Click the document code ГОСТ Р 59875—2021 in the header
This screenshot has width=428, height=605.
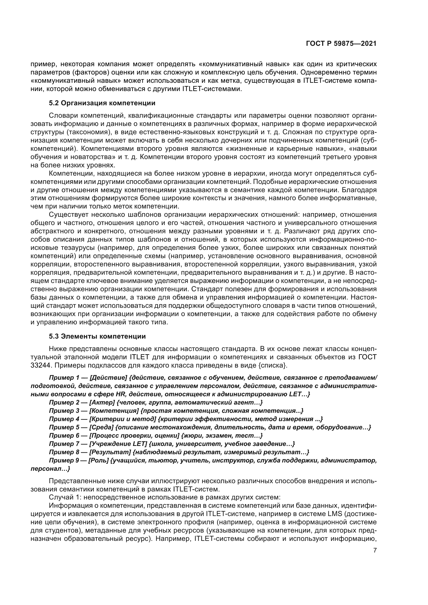tap(341, 44)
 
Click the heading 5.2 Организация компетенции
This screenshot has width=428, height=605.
tap(102, 103)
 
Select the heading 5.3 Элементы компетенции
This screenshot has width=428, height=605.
tap(97, 337)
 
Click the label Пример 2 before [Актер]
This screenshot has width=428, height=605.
tap(64, 402)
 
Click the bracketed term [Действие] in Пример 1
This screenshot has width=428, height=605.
tap(108, 378)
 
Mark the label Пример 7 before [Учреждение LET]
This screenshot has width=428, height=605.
tap(64, 444)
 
